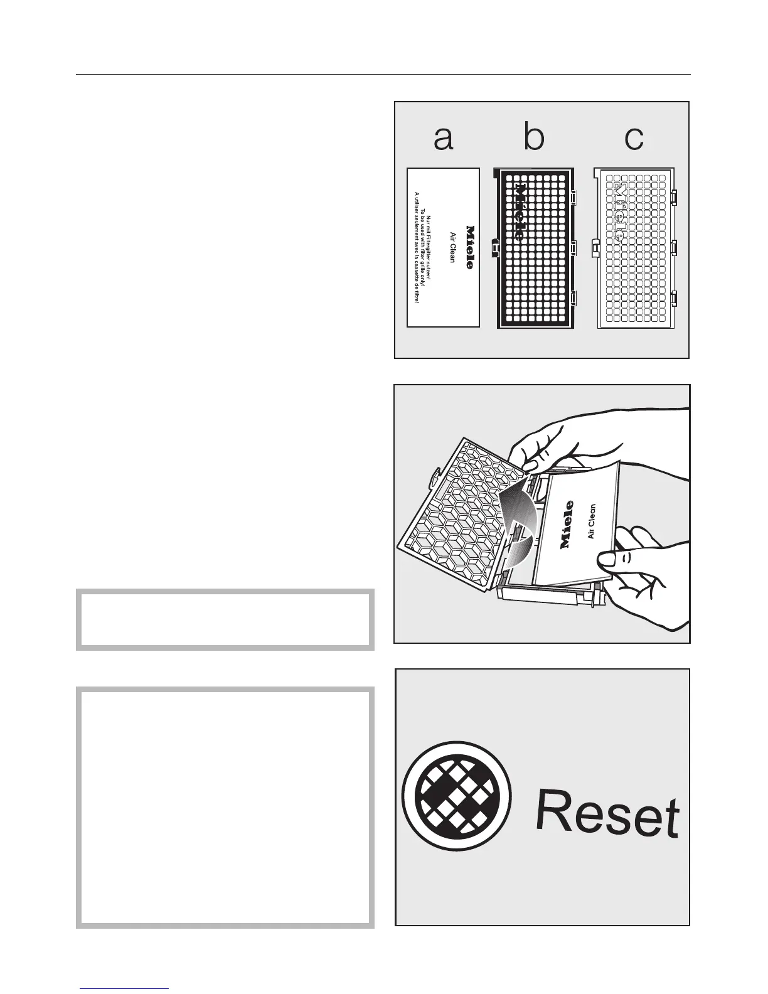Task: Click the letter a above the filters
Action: pos(443,139)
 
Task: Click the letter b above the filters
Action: pos(534,138)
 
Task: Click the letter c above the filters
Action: pos(634,139)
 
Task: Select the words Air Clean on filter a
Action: pos(452,247)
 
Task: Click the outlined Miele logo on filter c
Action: pos(619,213)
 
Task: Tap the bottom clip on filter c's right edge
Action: pos(674,300)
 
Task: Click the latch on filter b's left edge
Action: pos(495,248)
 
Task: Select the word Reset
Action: pos(607,815)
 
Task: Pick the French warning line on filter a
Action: pos(415,247)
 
